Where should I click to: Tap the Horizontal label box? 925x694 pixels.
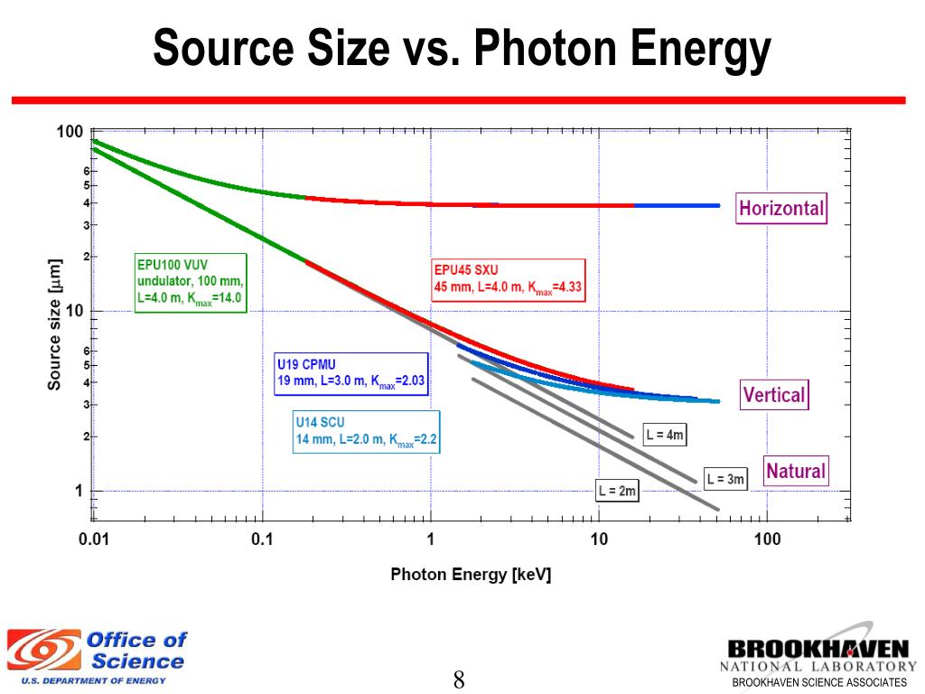[781, 209]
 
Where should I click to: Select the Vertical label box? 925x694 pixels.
[773, 395]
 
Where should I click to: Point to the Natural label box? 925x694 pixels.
[795, 471]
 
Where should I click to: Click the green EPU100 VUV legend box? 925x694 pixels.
[190, 283]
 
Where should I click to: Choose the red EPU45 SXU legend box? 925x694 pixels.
[509, 281]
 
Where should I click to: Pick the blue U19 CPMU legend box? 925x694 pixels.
[350, 373]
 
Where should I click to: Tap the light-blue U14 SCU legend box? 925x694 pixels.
[366, 433]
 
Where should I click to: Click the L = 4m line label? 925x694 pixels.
[665, 436]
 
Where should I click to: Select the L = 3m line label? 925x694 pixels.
[725, 479]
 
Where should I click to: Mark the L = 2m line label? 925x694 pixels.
[617, 492]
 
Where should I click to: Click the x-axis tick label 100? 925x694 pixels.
[766, 540]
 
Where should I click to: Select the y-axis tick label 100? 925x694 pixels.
[70, 132]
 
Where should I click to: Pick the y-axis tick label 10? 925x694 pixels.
[73, 311]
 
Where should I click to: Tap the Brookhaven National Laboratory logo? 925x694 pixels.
[817, 657]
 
